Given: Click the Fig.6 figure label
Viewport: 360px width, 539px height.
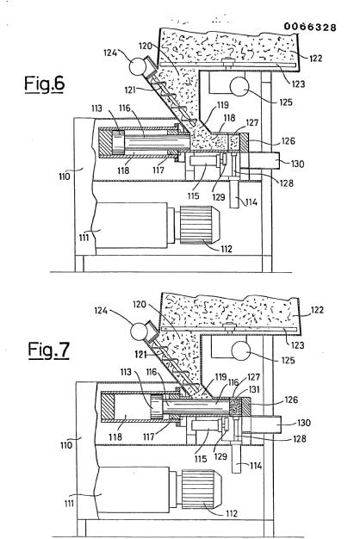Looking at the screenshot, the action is pyautogui.click(x=45, y=84).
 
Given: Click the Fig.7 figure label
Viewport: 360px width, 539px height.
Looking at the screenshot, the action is pyautogui.click(x=48, y=350).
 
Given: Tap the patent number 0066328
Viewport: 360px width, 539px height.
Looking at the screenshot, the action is pyautogui.click(x=310, y=27).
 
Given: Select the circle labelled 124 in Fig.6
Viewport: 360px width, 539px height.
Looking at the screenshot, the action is pyautogui.click(x=138, y=66).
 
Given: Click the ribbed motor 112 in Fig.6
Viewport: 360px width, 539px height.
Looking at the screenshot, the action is pyautogui.click(x=200, y=225).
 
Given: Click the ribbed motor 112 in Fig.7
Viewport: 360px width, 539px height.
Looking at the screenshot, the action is pyautogui.click(x=202, y=489).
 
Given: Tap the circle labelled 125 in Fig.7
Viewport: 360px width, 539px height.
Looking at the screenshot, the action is pyautogui.click(x=240, y=351).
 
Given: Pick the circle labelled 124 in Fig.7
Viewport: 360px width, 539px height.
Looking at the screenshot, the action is pyautogui.click(x=140, y=332).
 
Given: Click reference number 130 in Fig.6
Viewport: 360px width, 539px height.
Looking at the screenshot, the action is pyautogui.click(x=298, y=164).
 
